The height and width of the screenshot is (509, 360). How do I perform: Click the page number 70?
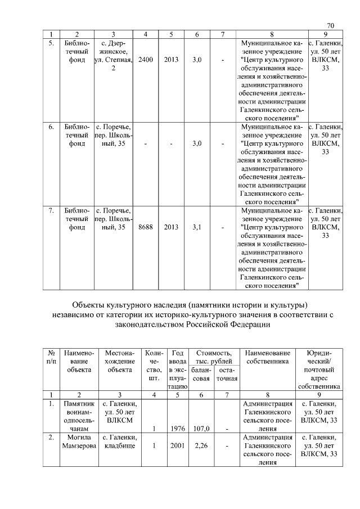click(330, 26)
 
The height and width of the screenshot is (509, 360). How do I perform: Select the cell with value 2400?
click(145, 59)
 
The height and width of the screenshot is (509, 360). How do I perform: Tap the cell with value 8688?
click(145, 227)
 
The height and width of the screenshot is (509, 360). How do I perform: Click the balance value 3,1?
click(197, 227)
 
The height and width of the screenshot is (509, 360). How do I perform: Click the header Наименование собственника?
click(267, 356)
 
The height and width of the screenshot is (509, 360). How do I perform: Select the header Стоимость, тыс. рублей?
click(211, 356)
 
